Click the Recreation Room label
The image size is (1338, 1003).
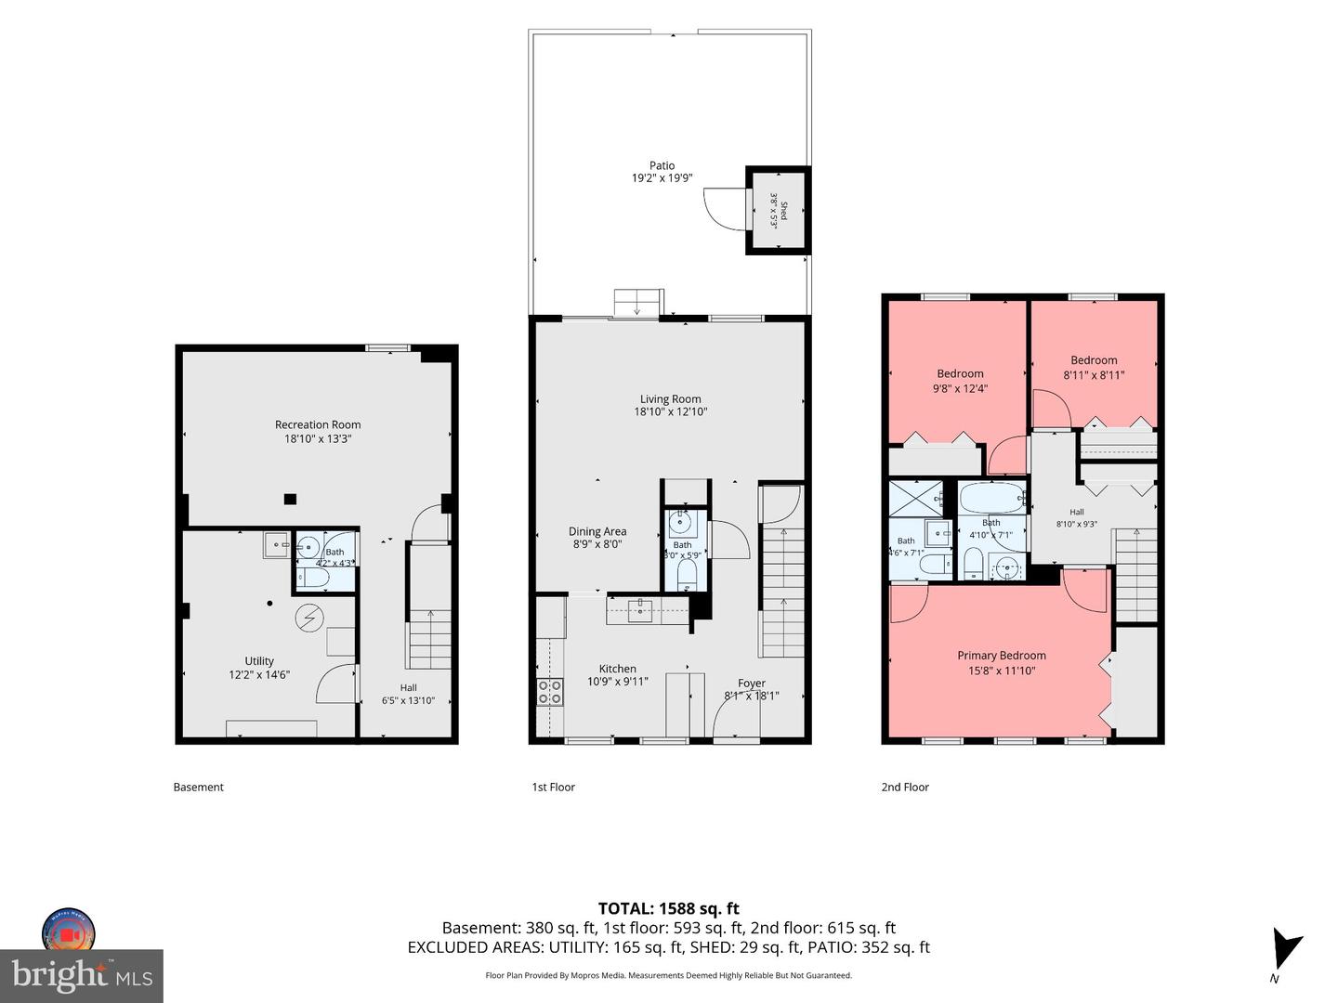[318, 424]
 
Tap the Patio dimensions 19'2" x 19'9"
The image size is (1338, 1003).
[662, 177]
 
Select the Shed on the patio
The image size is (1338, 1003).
[779, 210]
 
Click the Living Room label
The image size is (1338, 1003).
[670, 399]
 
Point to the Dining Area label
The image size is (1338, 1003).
[597, 531]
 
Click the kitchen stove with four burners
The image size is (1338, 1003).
[549, 692]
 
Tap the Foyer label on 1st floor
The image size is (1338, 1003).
[751, 684]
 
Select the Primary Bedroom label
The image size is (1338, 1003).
[1002, 656]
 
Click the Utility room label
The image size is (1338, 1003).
[259, 660]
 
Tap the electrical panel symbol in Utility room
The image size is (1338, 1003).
[308, 619]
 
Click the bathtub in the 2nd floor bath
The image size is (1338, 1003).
[992, 498]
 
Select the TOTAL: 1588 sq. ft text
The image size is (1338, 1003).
[669, 908]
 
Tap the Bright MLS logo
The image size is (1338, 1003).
[82, 975]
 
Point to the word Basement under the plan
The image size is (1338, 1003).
[199, 787]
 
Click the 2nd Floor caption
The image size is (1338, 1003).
[905, 787]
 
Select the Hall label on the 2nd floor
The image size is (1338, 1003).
[1077, 512]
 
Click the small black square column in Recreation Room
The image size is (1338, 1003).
[290, 500]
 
